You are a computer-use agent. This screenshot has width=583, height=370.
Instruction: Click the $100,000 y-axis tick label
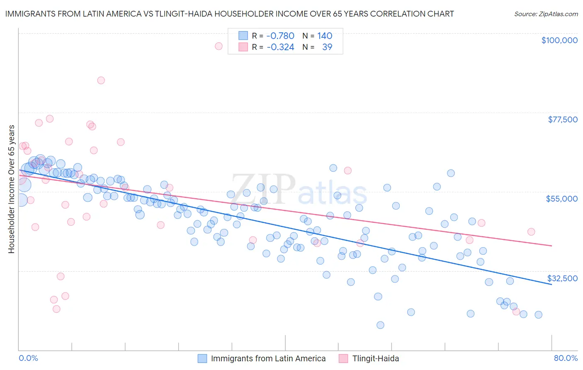(x=559, y=40)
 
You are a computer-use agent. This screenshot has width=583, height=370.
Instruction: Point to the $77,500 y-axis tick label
(x=562, y=119)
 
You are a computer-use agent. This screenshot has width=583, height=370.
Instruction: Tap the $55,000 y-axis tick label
(x=561, y=199)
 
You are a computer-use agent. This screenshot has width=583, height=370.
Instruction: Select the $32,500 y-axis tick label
(x=562, y=278)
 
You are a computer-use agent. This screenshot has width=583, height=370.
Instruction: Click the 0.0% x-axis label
(x=28, y=358)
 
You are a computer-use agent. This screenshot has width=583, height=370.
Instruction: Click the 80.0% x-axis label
(x=566, y=358)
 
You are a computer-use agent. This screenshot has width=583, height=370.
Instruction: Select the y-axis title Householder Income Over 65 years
(x=11, y=189)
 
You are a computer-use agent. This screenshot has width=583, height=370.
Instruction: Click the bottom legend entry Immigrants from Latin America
(x=268, y=358)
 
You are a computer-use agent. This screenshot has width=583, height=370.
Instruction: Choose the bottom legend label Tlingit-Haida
(x=375, y=358)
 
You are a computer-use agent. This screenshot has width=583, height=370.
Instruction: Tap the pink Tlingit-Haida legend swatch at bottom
(x=343, y=358)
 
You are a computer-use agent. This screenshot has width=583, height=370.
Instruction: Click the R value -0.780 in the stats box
(x=280, y=36)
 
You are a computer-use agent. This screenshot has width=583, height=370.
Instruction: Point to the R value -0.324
(x=280, y=47)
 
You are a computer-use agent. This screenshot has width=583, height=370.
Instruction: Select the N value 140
(x=325, y=36)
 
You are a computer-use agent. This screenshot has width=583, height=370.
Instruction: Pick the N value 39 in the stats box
(x=327, y=47)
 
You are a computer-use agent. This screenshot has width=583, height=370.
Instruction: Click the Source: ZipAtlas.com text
(x=546, y=14)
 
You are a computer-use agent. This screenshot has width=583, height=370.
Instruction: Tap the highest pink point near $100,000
(x=219, y=46)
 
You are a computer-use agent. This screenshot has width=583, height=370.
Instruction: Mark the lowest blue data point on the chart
(x=380, y=325)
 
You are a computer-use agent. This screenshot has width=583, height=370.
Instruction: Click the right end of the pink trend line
(x=551, y=246)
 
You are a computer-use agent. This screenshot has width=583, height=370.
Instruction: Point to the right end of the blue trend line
(x=551, y=285)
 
